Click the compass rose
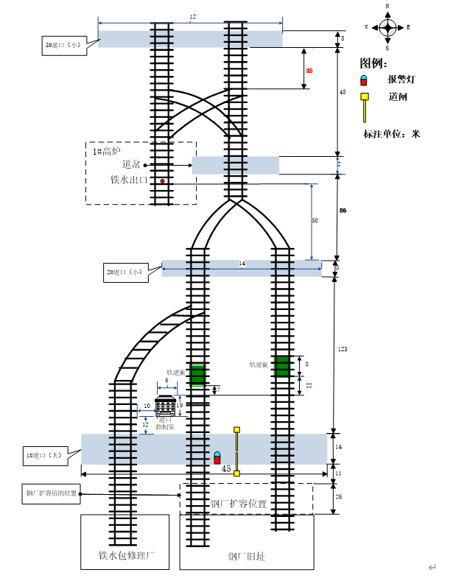pos(387,27)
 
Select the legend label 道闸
pos(398,96)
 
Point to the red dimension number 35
pos(309,71)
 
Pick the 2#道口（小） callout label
pos(125,271)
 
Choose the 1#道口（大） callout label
pos(45,457)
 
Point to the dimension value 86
pos(343,211)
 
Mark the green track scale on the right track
pos(282,366)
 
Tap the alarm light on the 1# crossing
pos(217,457)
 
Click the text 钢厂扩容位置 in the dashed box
pos(239,504)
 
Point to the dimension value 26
pos(339,497)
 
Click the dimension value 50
pos(315,221)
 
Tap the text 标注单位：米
pos(391,135)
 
